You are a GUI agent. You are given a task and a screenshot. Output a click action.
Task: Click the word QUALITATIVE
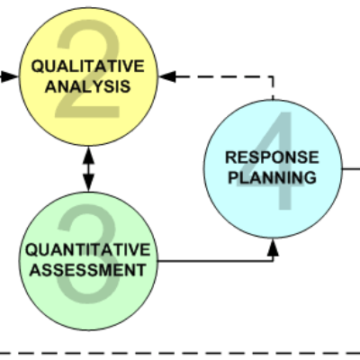pos(88,67)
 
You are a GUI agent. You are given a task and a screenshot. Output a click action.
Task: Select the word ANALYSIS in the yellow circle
pos(88,86)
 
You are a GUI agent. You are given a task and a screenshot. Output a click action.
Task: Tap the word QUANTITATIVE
pos(88,250)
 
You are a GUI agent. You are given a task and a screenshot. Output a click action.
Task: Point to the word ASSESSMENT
pos(88,270)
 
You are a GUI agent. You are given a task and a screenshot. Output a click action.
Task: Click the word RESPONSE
pos(272,157)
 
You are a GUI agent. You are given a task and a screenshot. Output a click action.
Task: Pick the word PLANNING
pos(272,177)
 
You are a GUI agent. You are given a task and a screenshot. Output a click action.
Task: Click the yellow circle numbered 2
pos(88,76)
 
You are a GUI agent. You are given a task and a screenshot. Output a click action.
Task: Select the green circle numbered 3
pos(88,261)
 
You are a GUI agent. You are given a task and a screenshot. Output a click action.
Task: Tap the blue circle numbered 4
pos(273,169)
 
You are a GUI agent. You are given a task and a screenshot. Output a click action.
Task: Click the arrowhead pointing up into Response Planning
pos(273,247)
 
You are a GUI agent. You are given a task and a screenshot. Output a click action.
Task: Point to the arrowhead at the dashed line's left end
pos(167,76)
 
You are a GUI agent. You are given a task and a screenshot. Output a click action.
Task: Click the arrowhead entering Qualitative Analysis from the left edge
pos(10,76)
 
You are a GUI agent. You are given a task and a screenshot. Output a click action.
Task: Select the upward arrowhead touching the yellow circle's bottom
pos(88,156)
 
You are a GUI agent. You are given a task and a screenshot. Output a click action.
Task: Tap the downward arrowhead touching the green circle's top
pos(88,183)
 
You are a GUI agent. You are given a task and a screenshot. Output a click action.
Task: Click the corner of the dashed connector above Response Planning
pos(273,76)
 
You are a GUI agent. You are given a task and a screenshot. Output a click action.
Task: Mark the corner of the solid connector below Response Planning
pos(273,261)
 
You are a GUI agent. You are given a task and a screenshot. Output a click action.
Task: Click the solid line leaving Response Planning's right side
pos(351,169)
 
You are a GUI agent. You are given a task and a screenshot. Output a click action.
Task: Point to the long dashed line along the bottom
pos(180,354)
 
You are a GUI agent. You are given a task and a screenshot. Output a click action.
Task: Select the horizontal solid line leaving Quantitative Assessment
pos(215,261)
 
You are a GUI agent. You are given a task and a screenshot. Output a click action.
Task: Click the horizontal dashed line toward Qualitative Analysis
pos(224,76)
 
